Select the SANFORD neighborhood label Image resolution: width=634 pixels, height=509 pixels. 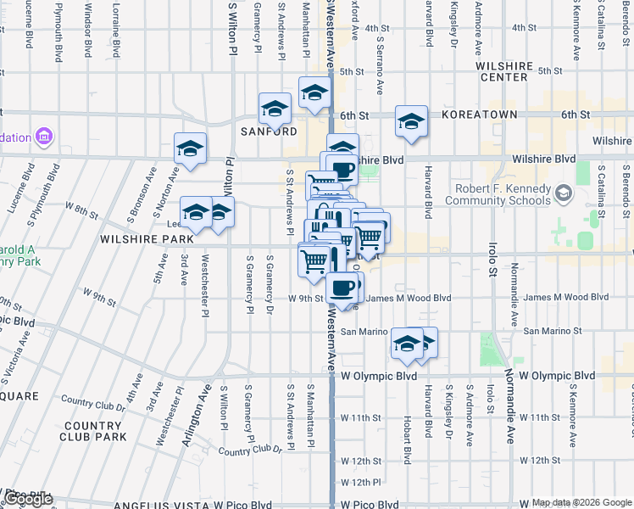(x=269, y=132)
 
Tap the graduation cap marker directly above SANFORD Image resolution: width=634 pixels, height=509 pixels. (x=275, y=109)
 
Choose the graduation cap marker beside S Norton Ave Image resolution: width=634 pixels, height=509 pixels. (x=191, y=149)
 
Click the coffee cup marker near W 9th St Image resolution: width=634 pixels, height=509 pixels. (x=342, y=289)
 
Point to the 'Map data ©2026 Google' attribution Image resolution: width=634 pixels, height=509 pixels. (x=581, y=502)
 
